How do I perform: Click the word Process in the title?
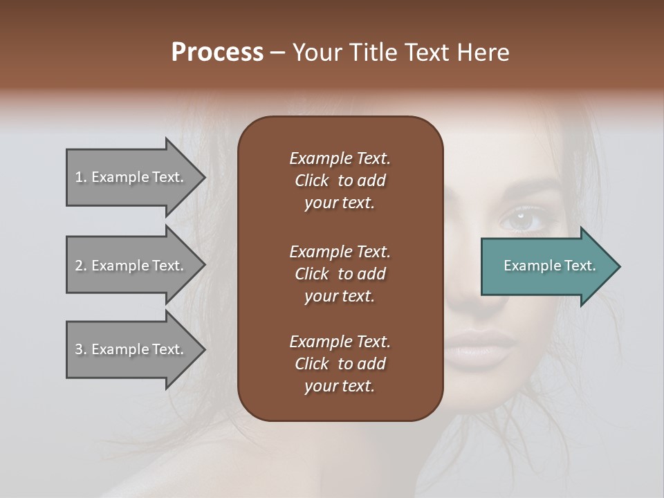pos(217,53)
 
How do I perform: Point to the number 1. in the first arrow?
pos(81,177)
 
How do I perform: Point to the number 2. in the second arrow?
pos(81,266)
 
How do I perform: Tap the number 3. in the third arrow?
pos(81,349)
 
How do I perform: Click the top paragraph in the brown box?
pos(340,181)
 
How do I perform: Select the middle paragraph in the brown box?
pos(340,273)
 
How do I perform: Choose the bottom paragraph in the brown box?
pos(340,364)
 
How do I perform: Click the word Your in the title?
pos(316,53)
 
